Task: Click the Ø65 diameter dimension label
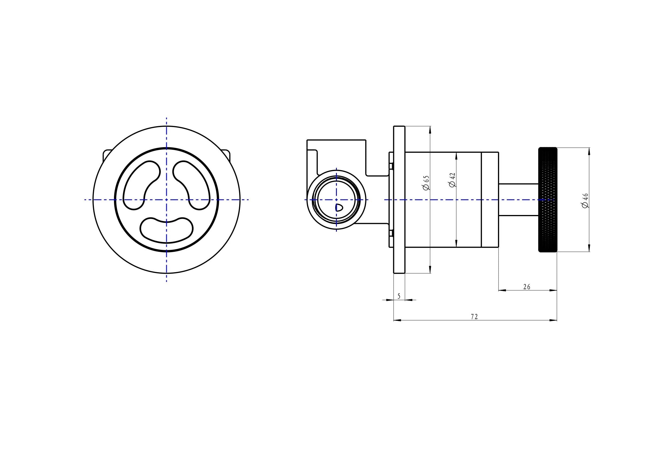click(426, 183)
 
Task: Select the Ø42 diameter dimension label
click(453, 180)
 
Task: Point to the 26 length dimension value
click(527, 287)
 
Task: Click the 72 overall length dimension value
click(474, 316)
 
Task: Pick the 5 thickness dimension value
click(399, 296)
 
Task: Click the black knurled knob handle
click(548, 200)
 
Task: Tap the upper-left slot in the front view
click(141, 185)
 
